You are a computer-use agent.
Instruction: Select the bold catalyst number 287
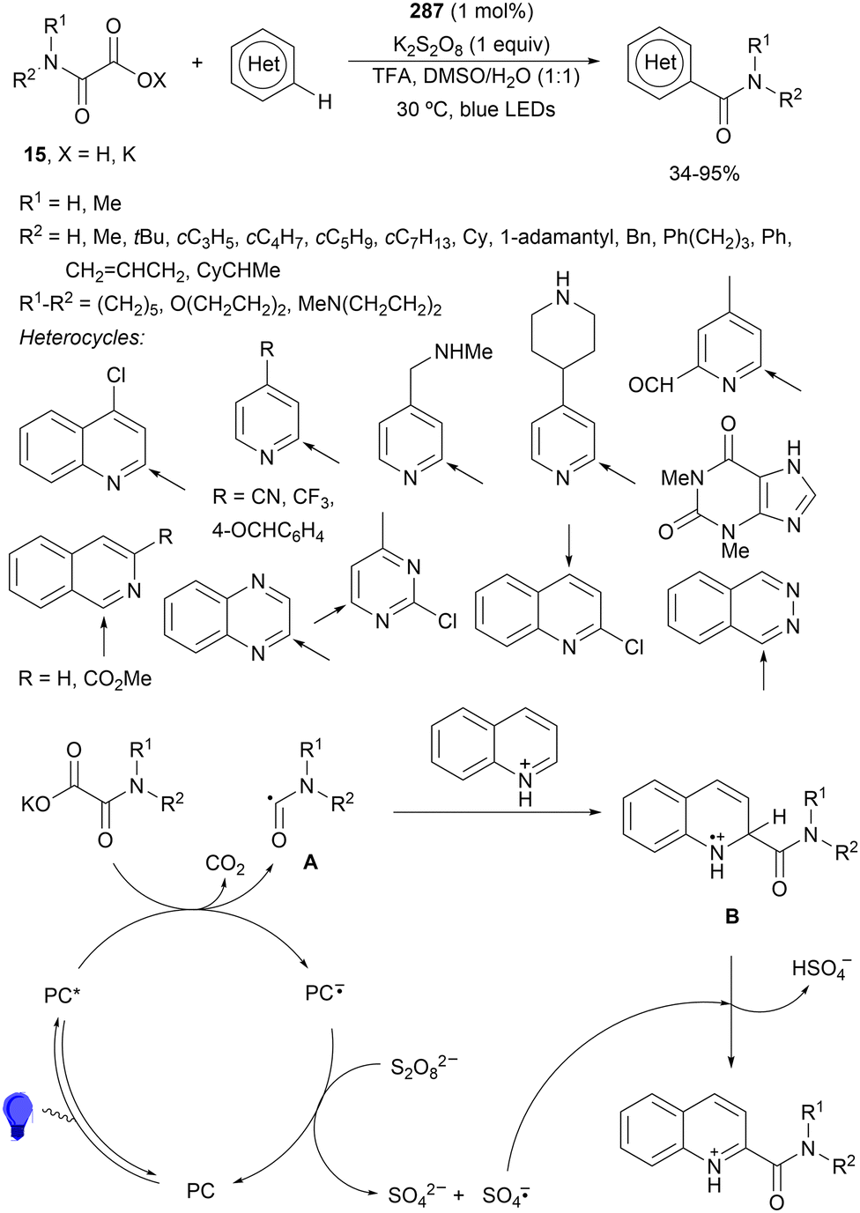(426, 11)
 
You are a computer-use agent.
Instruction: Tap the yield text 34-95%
(704, 174)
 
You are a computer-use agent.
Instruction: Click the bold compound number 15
(34, 155)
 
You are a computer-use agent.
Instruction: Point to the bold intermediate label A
(310, 862)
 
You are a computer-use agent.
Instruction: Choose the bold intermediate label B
(731, 917)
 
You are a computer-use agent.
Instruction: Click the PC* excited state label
(63, 995)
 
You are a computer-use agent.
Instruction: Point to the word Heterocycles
(82, 337)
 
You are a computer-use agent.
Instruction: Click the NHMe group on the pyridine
(463, 352)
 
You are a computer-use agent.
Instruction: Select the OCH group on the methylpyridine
(651, 385)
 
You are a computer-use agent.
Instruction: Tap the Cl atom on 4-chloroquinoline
(116, 375)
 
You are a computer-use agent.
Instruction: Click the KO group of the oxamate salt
(36, 804)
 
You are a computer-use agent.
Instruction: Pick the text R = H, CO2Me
(85, 678)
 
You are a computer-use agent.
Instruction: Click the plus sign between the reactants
(197, 63)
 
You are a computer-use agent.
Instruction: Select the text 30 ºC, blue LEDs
(476, 110)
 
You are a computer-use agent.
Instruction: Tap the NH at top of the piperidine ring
(563, 289)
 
